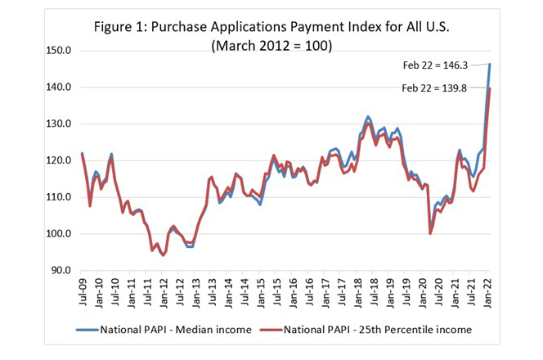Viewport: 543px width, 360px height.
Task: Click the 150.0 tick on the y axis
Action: click(61, 51)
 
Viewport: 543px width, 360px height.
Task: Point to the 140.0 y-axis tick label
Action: click(61, 88)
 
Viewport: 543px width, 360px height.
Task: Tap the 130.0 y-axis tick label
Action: click(61, 124)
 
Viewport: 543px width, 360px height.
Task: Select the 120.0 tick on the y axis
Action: click(61, 161)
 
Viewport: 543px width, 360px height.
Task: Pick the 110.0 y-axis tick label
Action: click(61, 197)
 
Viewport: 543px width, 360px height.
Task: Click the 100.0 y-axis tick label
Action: click(61, 234)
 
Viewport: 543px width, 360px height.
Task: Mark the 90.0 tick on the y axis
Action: click(64, 271)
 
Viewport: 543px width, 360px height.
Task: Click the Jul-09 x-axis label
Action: click(83, 291)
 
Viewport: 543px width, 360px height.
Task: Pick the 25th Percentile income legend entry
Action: click(369, 331)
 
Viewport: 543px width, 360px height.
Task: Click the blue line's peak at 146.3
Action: click(489, 64)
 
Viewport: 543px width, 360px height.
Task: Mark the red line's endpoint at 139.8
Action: click(489, 88)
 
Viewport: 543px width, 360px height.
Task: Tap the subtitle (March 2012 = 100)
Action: click(271, 45)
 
